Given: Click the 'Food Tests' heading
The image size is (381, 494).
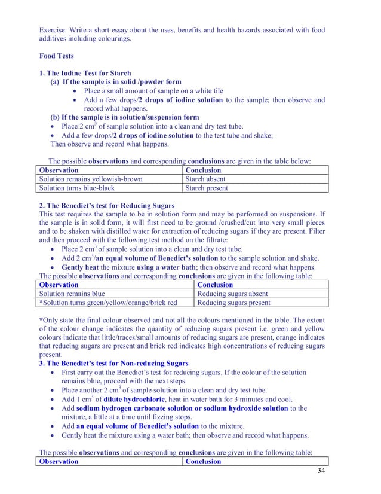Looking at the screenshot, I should tap(57, 56).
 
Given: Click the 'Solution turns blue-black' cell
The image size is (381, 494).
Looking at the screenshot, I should tap(76, 188).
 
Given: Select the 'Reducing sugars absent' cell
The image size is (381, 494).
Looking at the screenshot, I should tap(232, 294).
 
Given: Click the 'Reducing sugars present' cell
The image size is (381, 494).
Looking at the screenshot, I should tap(234, 303).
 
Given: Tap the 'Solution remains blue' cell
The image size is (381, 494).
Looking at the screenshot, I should tap(72, 294).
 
